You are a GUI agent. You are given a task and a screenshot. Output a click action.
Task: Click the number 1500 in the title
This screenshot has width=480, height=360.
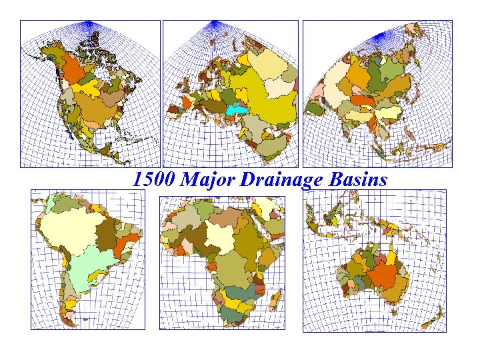point(153,179)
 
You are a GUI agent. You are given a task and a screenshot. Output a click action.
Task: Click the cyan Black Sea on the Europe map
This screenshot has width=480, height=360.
point(234,109)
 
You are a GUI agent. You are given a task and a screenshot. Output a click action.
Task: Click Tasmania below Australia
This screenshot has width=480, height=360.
point(394,311)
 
